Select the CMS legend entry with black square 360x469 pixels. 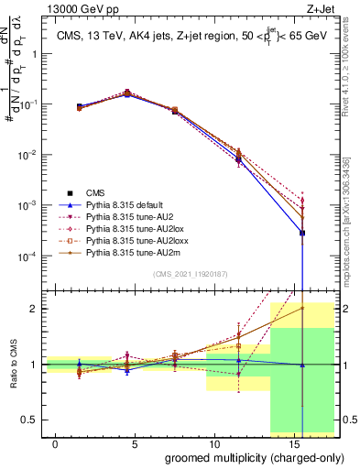91,193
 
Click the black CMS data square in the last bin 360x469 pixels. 302,233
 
